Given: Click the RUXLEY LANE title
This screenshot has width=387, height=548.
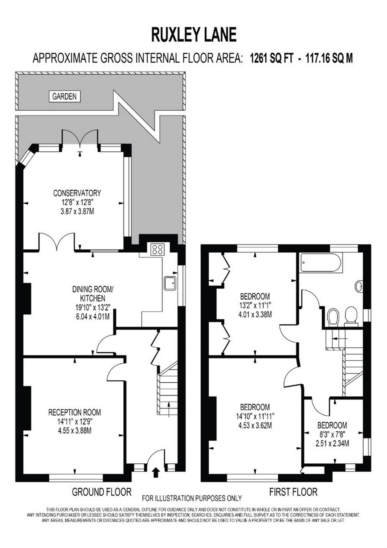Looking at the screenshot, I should tap(194, 35).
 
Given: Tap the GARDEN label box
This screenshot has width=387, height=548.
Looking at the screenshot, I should tap(64, 97).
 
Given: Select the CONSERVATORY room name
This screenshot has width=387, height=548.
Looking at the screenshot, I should tap(77, 193).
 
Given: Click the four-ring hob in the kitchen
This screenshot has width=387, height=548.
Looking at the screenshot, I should tap(157, 250).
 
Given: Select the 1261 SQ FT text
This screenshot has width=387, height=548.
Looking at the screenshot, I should tap(271, 58).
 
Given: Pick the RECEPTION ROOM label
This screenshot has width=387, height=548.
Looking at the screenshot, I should tap(74, 413).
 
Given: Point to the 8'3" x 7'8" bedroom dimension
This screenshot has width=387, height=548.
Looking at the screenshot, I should tap(332, 435).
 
